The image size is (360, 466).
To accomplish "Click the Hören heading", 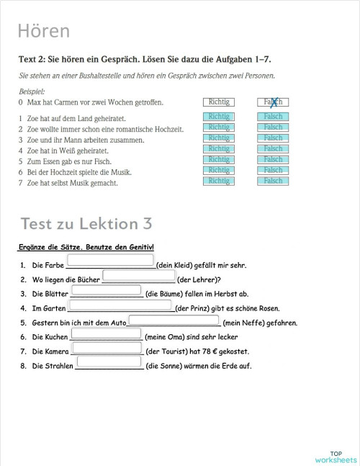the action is [x=44, y=31].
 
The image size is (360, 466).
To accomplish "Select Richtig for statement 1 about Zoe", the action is [x=219, y=117].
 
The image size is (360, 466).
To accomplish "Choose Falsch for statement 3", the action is [x=273, y=138].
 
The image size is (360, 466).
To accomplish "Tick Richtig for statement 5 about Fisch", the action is [x=219, y=160].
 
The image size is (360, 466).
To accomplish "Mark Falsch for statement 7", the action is [x=273, y=182].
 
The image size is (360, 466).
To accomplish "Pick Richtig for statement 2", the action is [x=219, y=127].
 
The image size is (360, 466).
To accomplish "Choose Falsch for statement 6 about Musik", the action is [x=273, y=171].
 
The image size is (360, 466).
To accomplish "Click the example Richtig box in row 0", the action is [x=219, y=102].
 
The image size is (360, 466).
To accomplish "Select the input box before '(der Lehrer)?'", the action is [x=140, y=275].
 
